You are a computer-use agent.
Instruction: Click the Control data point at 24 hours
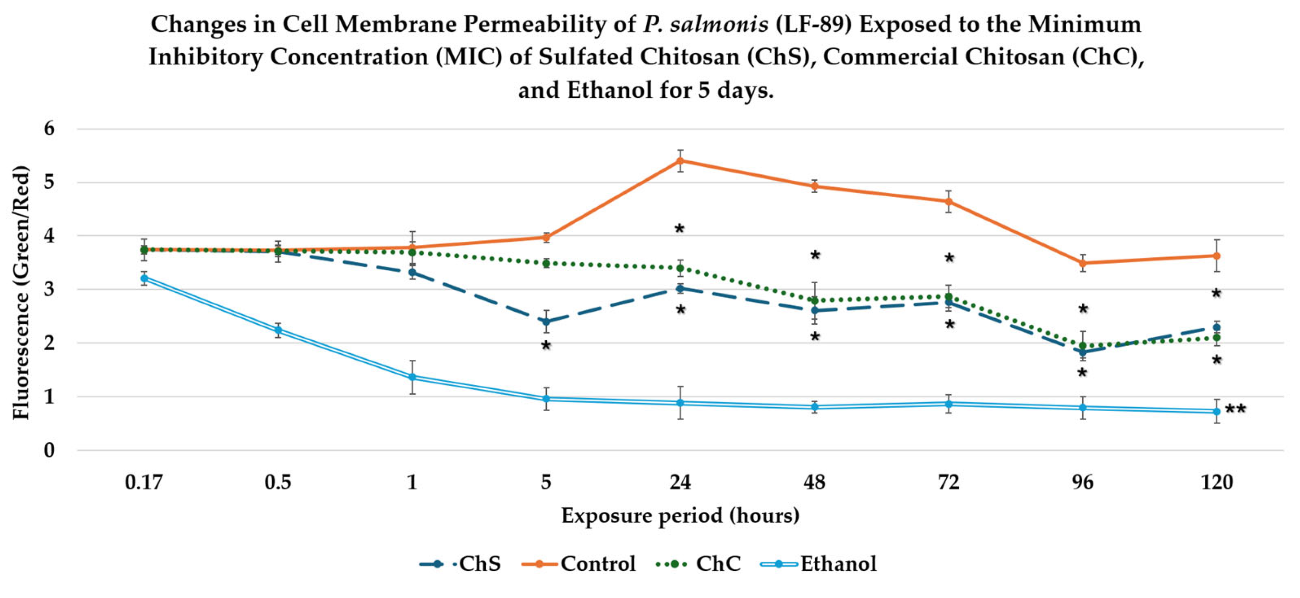tap(680, 161)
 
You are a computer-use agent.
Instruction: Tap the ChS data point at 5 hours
tap(546, 322)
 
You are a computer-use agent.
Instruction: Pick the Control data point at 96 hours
tap(1083, 263)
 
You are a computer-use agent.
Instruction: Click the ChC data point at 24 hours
tap(680, 268)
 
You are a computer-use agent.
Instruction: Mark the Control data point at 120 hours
tap(1217, 256)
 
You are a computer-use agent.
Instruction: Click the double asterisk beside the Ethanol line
tap(1235, 409)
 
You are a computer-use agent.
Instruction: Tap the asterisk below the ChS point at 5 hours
tap(545, 346)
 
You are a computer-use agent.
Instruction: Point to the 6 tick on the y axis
tap(49, 129)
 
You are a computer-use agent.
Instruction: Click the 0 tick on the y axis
tap(49, 450)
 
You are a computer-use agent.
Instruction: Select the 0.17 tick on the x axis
tap(144, 483)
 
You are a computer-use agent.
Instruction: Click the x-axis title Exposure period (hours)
tap(680, 516)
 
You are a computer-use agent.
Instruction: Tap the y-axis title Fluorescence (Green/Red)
tap(21, 292)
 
